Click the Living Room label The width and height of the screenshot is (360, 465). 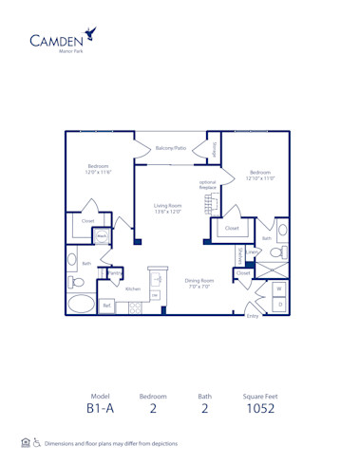[x=167, y=209]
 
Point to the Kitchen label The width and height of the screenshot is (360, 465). [x=133, y=288]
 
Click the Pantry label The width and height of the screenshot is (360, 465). [x=115, y=273]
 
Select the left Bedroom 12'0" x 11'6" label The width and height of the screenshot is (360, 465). [x=99, y=169]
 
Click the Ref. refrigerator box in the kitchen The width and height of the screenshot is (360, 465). [x=107, y=306]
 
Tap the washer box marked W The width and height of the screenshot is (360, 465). [x=278, y=288]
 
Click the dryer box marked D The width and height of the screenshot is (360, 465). [x=278, y=304]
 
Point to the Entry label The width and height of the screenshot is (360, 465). [x=252, y=315]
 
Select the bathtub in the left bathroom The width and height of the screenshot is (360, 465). [x=82, y=306]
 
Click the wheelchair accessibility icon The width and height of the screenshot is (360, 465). [x=37, y=443]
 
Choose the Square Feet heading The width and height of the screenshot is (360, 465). [x=259, y=395]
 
